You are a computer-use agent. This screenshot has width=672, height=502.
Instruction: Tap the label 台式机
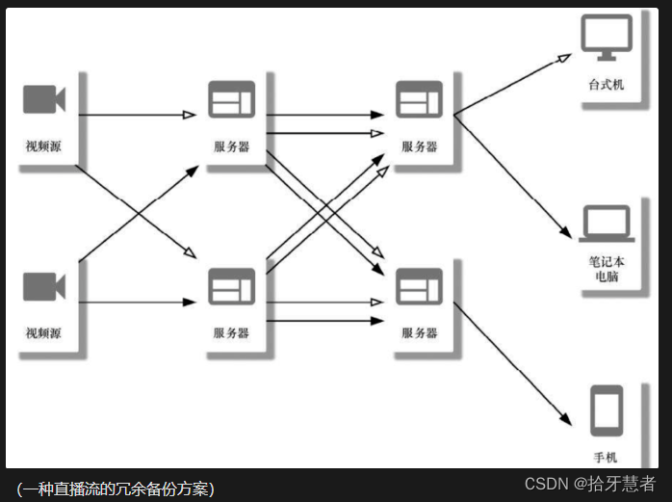[x=607, y=85]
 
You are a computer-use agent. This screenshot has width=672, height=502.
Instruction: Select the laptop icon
[x=606, y=225]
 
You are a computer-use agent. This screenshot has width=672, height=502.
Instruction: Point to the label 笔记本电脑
[x=607, y=269]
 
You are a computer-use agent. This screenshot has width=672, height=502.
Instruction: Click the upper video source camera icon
[x=43, y=100]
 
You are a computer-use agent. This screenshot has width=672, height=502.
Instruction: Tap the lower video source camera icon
[x=43, y=286]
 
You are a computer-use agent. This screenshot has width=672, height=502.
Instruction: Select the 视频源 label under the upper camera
[x=43, y=146]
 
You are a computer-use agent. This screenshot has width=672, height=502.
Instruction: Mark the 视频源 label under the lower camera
[x=43, y=333]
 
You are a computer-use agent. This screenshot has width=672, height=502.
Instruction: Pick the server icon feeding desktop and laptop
[x=419, y=100]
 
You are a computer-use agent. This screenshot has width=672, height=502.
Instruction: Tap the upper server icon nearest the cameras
[x=231, y=100]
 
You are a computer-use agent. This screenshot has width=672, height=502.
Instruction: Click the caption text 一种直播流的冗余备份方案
[x=116, y=488]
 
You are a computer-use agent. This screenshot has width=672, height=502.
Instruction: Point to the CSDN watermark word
[x=547, y=484]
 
